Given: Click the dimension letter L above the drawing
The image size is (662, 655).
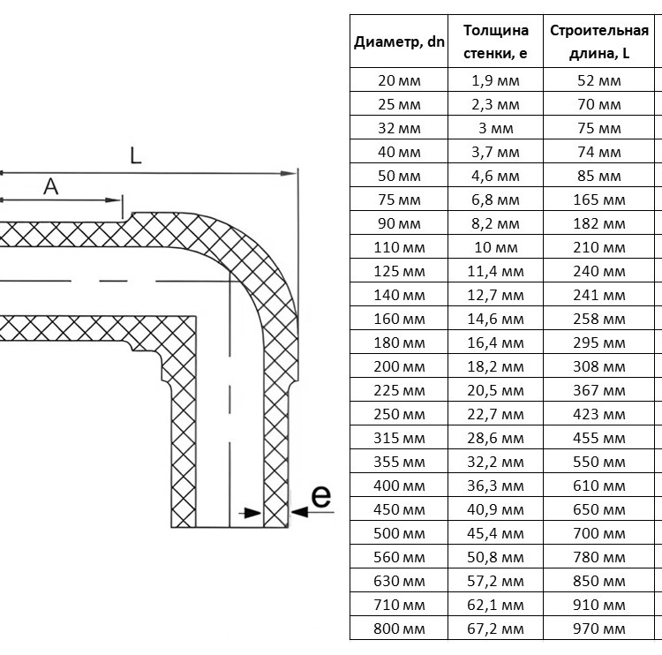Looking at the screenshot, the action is click(136, 155).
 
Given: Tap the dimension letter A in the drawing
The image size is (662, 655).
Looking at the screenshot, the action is click(50, 186).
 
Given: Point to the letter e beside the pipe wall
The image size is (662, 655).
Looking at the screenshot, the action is click(321, 496).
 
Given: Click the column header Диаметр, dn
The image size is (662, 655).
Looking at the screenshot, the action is click(399, 41).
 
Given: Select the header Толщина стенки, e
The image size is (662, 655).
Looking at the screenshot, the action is click(496, 41).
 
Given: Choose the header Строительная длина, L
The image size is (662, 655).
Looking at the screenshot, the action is click(599, 41).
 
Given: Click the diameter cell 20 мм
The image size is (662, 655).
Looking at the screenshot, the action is click(399, 80).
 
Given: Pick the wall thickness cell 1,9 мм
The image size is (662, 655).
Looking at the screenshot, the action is click(496, 80).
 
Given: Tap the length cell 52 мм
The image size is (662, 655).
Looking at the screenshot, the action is click(599, 80).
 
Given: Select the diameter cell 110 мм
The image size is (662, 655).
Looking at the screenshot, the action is click(399, 247).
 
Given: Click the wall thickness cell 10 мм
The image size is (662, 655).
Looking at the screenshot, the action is click(496, 247).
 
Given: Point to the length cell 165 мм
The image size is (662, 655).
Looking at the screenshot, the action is click(599, 200).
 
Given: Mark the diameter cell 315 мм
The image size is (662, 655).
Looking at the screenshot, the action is click(399, 438).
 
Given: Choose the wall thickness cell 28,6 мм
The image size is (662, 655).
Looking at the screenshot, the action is click(496, 438).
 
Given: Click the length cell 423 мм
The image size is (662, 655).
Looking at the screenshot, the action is click(599, 414).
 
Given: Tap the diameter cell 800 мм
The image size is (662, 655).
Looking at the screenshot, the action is click(399, 629).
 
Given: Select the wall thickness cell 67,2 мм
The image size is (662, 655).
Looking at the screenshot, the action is click(496, 629).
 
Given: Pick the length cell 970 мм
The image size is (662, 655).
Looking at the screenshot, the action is click(599, 629).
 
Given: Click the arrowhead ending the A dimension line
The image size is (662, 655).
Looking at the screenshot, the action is click(114, 200).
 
